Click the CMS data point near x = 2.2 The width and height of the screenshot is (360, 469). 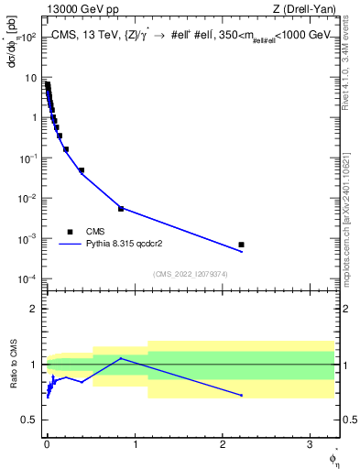(241, 245)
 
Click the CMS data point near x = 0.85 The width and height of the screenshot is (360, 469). (121, 209)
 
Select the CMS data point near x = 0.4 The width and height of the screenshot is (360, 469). (82, 170)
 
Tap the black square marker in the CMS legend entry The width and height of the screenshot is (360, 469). (70, 232)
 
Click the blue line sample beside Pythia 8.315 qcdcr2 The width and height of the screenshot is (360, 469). (71, 244)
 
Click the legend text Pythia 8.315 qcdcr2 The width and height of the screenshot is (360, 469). (120, 244)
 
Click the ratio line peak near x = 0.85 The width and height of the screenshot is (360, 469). (121, 358)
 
